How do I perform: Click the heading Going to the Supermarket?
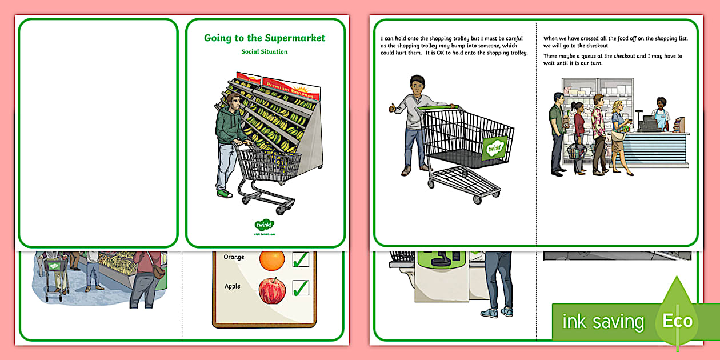click(x=265, y=38)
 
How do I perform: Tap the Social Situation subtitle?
click(x=265, y=52)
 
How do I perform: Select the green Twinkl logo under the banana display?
click(x=265, y=225)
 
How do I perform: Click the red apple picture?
click(x=272, y=290)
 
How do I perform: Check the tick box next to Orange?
click(x=301, y=259)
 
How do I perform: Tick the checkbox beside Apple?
click(x=301, y=287)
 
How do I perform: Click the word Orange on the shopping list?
click(x=234, y=257)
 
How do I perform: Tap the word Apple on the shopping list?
click(x=233, y=286)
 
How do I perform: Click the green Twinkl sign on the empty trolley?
click(x=494, y=148)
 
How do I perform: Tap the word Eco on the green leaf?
click(x=678, y=321)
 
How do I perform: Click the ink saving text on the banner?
click(x=603, y=322)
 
